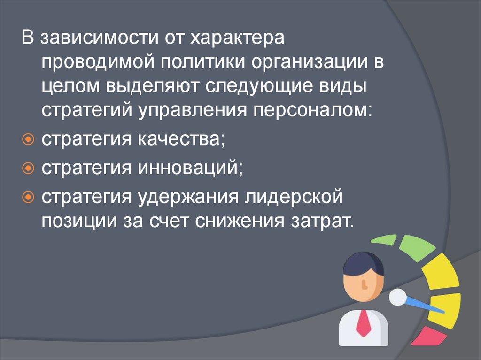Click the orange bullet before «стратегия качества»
coord(28,140)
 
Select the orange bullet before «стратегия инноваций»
coord(28,168)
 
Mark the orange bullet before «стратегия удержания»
coord(28,198)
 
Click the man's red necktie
coord(364,323)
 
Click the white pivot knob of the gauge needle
coord(398,297)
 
